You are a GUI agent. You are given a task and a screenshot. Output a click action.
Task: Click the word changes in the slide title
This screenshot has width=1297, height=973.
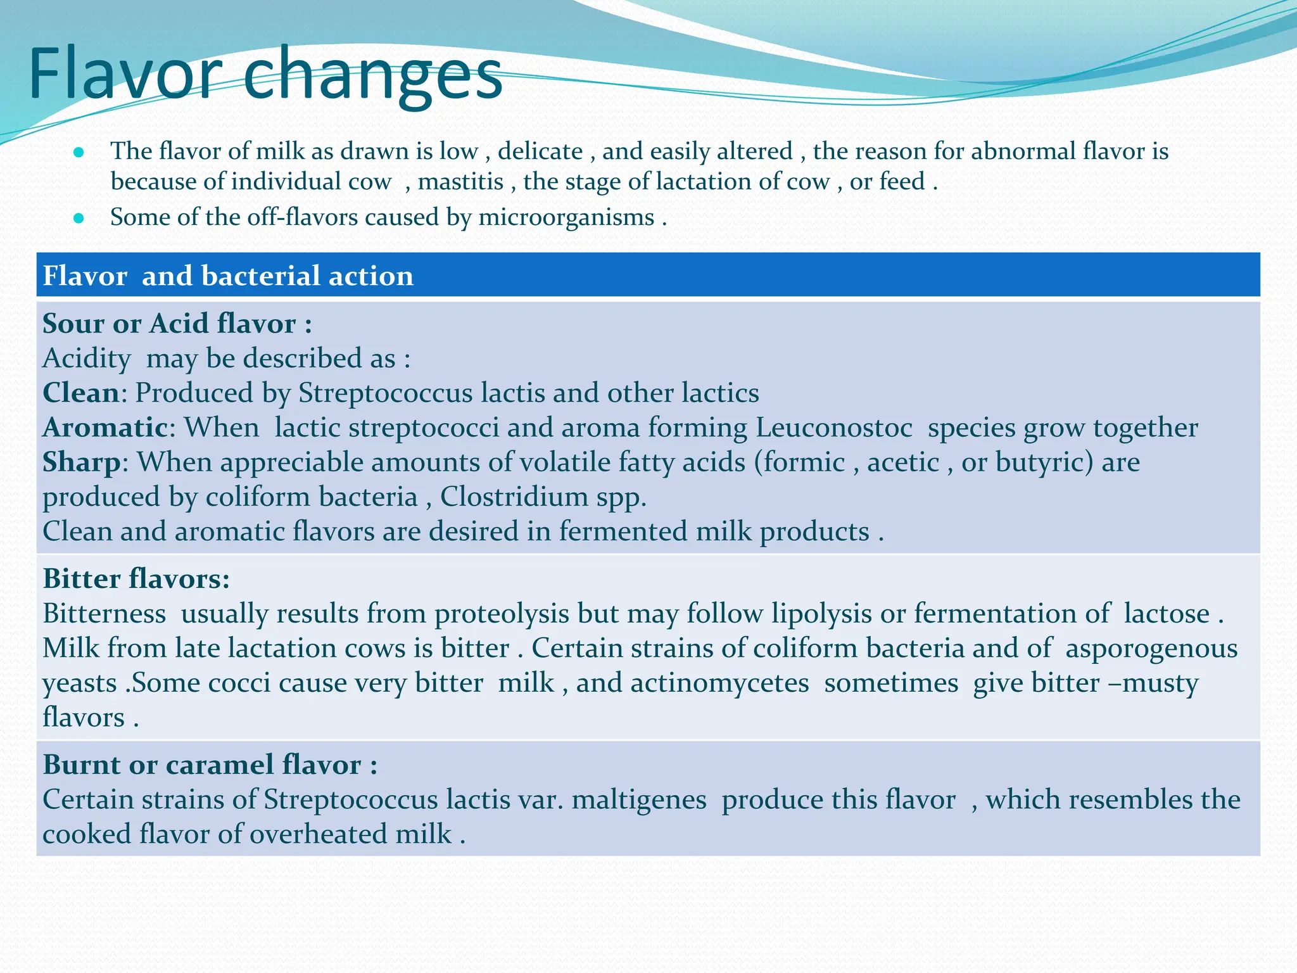372,77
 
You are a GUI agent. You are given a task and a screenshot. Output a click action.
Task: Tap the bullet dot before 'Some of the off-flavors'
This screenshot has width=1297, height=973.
79,219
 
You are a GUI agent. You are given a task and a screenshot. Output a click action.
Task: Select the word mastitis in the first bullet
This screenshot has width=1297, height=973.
460,182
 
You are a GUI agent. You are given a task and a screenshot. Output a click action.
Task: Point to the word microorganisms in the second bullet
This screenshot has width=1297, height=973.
566,217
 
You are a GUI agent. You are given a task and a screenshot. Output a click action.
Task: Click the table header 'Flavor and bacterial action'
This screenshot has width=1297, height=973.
228,276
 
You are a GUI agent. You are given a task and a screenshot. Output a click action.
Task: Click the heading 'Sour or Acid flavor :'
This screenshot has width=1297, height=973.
177,324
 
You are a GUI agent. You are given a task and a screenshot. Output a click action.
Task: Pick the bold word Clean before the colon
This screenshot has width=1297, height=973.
80,393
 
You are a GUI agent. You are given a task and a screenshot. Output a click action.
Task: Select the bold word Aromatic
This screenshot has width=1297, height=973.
105,428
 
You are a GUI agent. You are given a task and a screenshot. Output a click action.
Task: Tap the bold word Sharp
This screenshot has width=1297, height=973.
81,462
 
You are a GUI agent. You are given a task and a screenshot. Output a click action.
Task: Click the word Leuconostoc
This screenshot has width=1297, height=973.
833,428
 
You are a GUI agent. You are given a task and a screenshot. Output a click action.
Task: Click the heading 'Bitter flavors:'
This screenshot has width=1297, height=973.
136,579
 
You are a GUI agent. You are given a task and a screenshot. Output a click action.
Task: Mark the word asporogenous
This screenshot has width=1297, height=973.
1151,649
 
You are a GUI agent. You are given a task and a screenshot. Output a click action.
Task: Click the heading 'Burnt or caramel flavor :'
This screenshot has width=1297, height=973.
210,765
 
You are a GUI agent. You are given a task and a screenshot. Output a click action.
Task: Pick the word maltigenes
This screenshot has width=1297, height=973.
639,799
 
